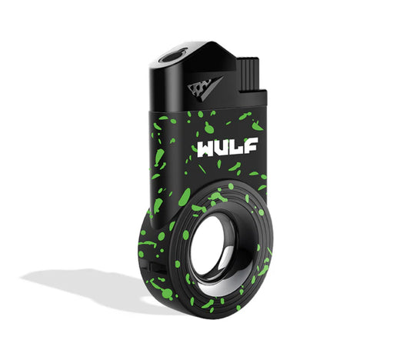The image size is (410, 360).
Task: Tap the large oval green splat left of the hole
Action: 184,198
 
